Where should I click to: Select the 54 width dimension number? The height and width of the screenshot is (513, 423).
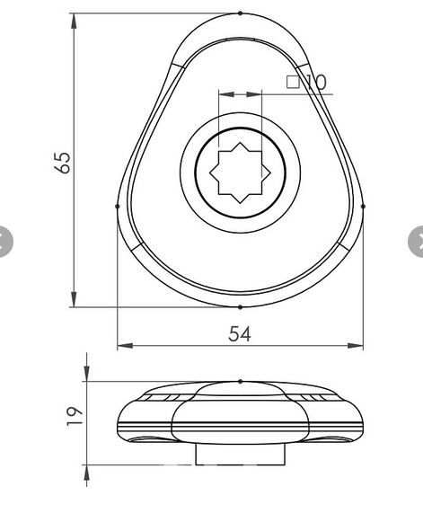coord(239,333)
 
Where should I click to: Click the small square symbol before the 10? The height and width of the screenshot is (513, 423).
coord(293,82)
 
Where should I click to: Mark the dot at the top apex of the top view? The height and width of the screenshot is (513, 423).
coord(240,13)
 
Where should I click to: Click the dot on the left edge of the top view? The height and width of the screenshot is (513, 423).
coord(118,206)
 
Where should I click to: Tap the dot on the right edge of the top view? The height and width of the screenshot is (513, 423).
coord(363,206)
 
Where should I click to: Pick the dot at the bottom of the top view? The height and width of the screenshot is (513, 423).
coord(240,306)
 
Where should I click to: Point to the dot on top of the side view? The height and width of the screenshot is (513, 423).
coord(240,381)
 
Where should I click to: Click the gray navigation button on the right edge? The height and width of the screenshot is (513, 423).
coord(418,240)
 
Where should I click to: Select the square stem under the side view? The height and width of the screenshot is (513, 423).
coord(239,456)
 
